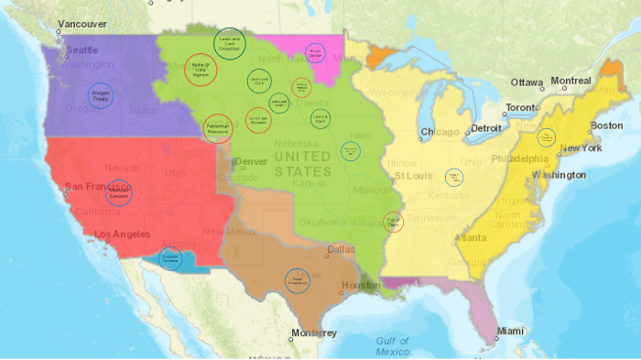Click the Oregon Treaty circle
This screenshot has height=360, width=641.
point(101,94)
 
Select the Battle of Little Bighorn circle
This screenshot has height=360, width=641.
point(201,69)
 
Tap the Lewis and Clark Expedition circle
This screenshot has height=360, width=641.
point(230,42)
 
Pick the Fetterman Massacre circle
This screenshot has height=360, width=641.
point(218,126)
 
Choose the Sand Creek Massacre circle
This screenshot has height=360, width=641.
point(259,119)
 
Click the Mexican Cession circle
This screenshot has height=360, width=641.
point(118,193)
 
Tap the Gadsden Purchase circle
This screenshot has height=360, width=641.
point(169,259)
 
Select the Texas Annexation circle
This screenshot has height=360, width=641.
point(297,280)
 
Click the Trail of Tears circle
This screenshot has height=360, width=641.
point(393,222)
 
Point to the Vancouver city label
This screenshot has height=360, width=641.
point(81,24)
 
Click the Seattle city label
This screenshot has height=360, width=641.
point(81,50)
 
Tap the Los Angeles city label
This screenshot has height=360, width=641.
point(123,235)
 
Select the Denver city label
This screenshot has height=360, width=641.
point(251,162)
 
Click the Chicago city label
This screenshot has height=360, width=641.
point(440,132)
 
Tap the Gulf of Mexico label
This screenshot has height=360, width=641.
point(392,345)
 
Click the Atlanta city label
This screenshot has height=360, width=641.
point(471,237)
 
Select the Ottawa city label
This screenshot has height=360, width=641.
point(527,82)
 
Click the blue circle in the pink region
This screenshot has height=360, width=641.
point(315,52)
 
